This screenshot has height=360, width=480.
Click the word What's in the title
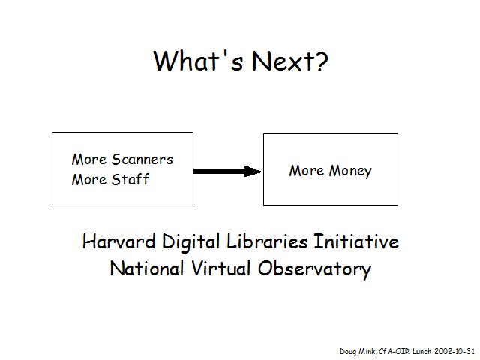tap(198, 61)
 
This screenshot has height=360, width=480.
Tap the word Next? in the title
tap(290, 61)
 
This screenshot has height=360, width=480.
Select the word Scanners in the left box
tap(142, 160)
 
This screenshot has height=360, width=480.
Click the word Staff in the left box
tap(130, 179)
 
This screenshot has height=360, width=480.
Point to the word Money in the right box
tap(350, 171)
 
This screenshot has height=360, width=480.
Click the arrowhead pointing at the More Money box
tap(253, 172)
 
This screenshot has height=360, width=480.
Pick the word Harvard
tap(119, 241)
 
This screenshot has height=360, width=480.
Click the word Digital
tap(191, 242)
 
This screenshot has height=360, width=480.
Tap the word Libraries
tap(267, 241)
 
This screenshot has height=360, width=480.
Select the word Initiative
tap(356, 241)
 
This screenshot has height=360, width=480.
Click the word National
tap(147, 268)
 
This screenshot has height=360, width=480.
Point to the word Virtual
tap(221, 268)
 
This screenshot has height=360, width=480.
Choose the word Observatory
tap(315, 269)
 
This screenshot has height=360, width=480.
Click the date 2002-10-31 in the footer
tap(454, 351)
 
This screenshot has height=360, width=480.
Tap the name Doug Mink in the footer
tap(358, 352)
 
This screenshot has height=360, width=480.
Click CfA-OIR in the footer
tap(394, 351)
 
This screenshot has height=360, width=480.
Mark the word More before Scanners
tap(89, 160)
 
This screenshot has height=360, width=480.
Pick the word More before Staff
tap(89, 180)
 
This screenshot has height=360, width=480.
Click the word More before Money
tap(307, 171)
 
